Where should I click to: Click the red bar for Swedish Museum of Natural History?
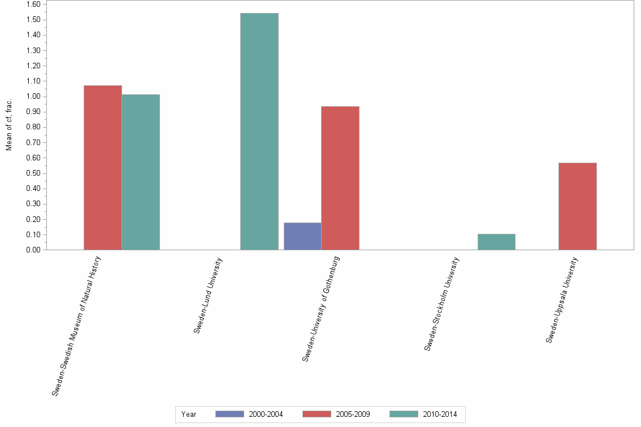102,167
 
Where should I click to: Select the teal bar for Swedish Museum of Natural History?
140,172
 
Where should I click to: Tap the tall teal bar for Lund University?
259,131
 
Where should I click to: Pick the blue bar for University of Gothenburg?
302,236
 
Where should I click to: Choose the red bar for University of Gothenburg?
340,178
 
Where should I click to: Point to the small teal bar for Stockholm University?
496,242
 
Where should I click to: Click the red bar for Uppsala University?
577,206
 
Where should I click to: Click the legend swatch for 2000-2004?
229,414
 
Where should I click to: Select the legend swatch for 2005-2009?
317,414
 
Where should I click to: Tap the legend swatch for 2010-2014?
404,414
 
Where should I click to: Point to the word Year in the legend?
189,415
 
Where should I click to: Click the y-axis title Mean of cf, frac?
9,125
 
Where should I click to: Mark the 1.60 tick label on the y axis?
33,5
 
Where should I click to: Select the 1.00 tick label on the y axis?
33,97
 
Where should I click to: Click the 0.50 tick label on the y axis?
33,173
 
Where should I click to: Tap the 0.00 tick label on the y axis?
33,250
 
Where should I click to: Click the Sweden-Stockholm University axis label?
442,304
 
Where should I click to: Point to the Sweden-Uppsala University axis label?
562,300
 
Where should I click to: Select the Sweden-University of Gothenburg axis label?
321,308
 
